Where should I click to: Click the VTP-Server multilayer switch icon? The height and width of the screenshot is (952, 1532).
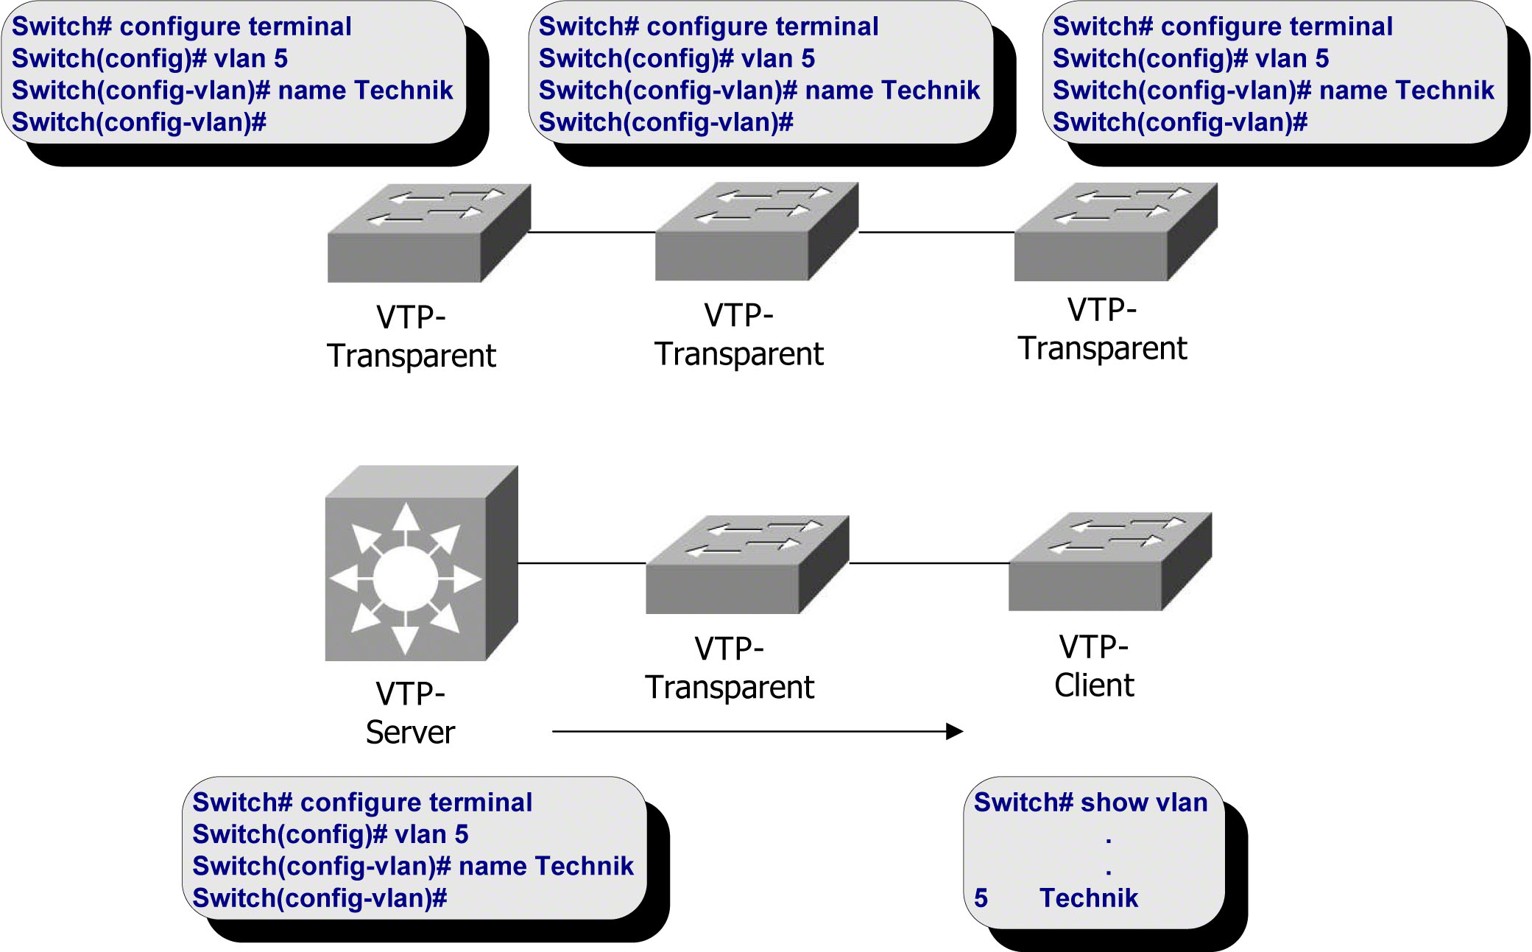pyautogui.click(x=420, y=564)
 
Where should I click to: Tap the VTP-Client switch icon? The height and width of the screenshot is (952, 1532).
pyautogui.click(x=1109, y=563)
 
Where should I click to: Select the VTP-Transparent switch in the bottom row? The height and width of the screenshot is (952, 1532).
pyautogui.click(x=746, y=565)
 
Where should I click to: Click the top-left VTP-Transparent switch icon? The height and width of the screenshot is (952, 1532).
pyautogui.click(x=428, y=233)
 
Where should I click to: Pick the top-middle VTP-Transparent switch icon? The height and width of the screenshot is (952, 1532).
pyautogui.click(x=756, y=232)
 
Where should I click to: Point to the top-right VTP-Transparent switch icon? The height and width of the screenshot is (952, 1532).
pyautogui.click(x=1115, y=233)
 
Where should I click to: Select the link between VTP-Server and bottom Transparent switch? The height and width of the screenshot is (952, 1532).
pyautogui.click(x=582, y=563)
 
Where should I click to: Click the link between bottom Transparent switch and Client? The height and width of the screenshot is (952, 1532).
pyautogui.click(x=929, y=563)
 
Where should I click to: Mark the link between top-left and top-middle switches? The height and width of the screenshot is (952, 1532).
pyautogui.click(x=593, y=232)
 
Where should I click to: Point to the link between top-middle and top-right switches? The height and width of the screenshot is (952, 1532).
pyautogui.click(x=936, y=232)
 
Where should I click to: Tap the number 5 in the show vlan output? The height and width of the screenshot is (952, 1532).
pyautogui.click(x=981, y=898)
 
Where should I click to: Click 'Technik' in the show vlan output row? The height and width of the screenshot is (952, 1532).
pyautogui.click(x=1089, y=898)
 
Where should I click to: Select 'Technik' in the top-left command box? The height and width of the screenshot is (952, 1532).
pyautogui.click(x=403, y=90)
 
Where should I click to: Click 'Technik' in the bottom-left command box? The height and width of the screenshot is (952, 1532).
pyautogui.click(x=584, y=866)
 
